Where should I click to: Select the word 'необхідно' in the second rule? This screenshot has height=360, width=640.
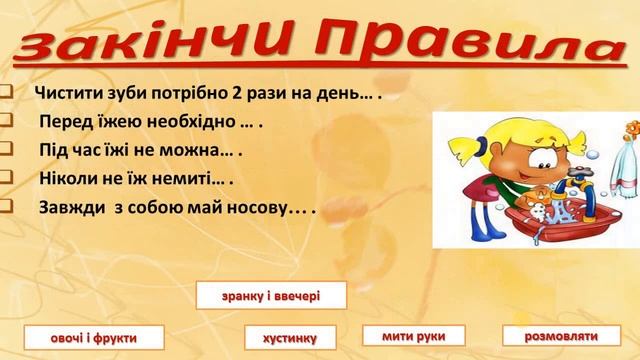click(191, 123)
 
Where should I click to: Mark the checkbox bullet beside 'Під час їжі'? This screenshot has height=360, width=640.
click(5, 151)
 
